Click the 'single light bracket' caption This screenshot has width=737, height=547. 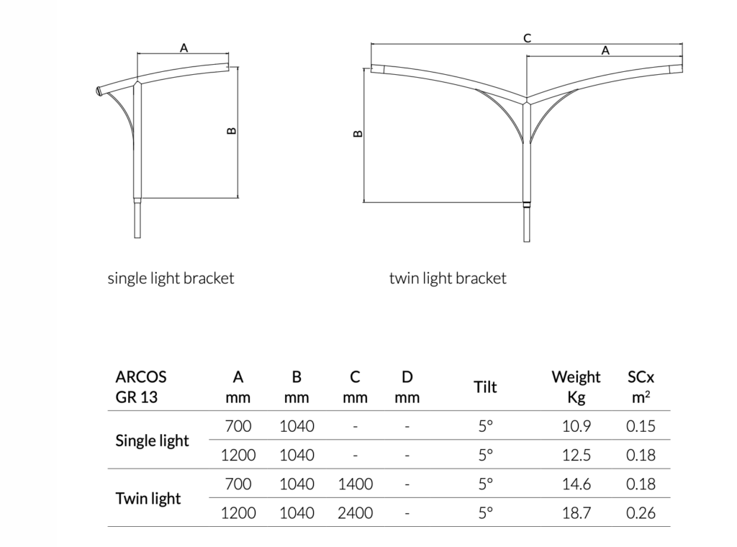pyautogui.click(x=171, y=279)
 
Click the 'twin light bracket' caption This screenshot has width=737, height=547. pyautogui.click(x=448, y=279)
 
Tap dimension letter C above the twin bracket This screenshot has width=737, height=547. pyautogui.click(x=528, y=38)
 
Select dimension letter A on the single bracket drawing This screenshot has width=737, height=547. pyautogui.click(x=184, y=48)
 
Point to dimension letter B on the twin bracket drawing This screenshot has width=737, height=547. pyautogui.click(x=358, y=133)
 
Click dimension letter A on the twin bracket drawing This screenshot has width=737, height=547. pyautogui.click(x=605, y=50)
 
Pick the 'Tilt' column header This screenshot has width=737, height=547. pyautogui.click(x=485, y=386)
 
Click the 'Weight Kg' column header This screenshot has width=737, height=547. pyautogui.click(x=576, y=386)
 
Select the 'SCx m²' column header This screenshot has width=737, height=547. pyautogui.click(x=641, y=386)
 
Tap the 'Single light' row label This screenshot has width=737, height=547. pyautogui.click(x=152, y=440)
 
